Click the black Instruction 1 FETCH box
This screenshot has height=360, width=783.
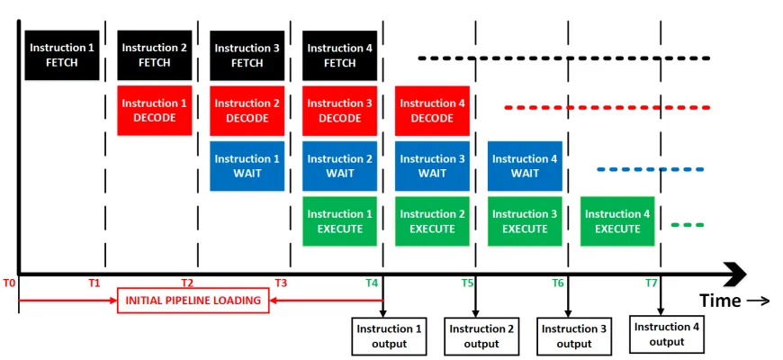tap(62, 55)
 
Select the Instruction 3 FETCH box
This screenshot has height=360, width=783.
tap(247, 56)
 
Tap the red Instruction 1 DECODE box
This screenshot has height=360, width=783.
tap(155, 111)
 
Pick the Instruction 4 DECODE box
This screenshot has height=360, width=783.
tap(432, 111)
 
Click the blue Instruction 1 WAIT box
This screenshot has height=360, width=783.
tap(247, 166)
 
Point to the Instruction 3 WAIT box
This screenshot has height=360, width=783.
tap(432, 166)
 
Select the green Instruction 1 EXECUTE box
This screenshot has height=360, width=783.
tap(340, 221)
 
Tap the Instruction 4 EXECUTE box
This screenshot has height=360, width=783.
tap(617, 221)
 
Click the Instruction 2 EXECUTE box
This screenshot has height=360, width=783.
tap(432, 221)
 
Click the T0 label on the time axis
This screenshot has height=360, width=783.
tap(9, 283)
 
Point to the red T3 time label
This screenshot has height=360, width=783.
tap(281, 283)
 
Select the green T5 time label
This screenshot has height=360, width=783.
tap(467, 283)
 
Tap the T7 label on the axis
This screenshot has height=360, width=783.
tap(652, 283)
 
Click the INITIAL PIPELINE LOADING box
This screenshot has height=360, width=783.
tap(193, 300)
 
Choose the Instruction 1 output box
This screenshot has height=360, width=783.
tap(389, 336)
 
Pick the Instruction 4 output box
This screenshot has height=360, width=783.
tap(667, 334)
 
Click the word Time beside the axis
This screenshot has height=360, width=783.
tap(720, 301)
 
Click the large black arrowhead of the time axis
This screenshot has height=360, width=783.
tap(735, 274)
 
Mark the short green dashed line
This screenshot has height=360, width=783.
tap(687, 225)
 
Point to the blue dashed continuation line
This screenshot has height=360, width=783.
tap(650, 169)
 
